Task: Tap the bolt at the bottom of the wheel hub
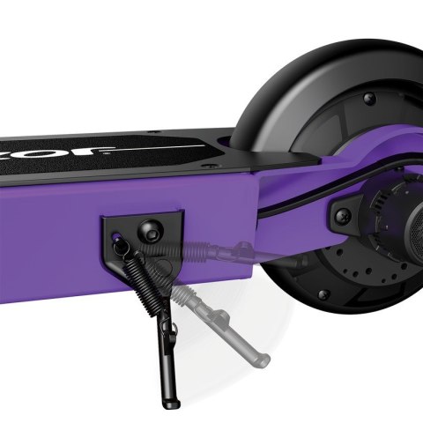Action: tap(322, 293)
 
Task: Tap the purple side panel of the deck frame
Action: tap(53, 220)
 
